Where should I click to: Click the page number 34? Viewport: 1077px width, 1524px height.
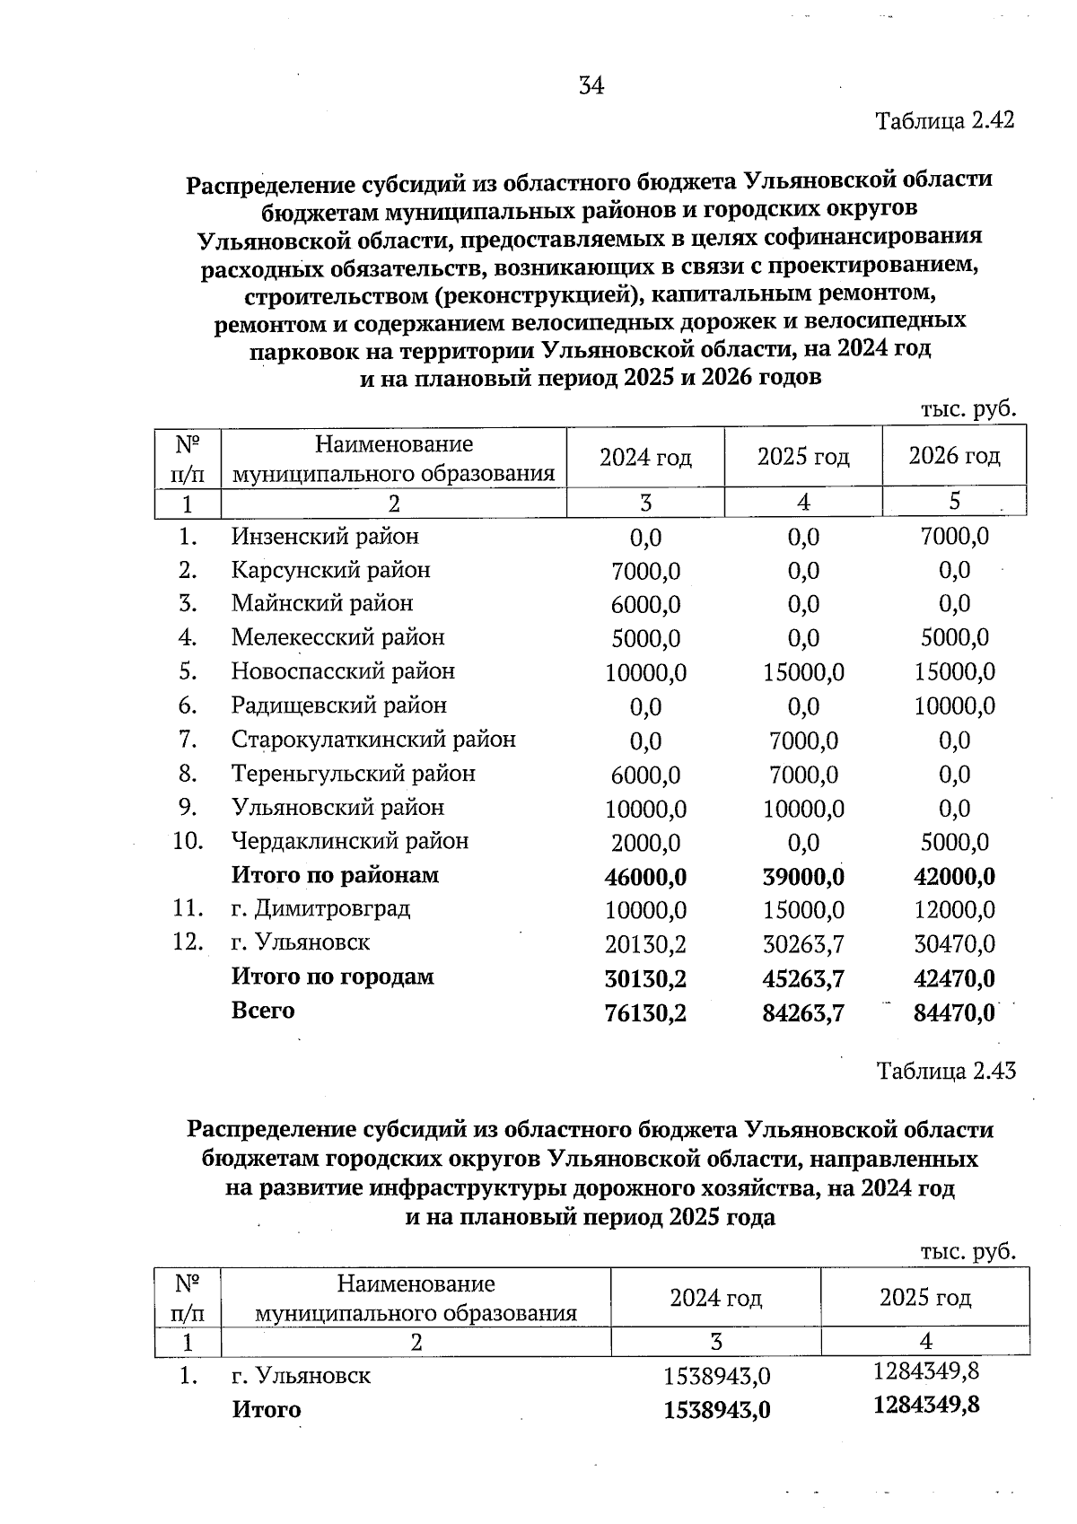[x=591, y=86]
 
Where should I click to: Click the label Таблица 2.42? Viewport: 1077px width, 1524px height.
[x=944, y=120]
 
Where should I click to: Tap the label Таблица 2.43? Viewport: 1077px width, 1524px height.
[x=945, y=1071]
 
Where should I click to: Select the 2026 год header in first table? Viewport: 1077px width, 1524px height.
[x=954, y=456]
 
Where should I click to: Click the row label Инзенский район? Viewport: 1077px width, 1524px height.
[x=325, y=537]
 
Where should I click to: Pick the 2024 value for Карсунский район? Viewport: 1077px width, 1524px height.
[x=645, y=572]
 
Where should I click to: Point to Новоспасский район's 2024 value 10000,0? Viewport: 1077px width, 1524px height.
[x=645, y=673]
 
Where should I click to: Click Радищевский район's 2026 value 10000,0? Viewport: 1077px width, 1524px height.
[x=954, y=706]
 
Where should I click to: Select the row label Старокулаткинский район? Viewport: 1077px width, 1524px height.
[x=373, y=740]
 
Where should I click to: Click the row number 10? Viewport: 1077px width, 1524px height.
[x=188, y=842]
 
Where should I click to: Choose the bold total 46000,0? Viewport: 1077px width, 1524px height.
[x=645, y=877]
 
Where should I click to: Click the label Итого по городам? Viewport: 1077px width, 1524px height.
[x=332, y=977]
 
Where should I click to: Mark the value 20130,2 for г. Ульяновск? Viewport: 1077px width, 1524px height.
[x=645, y=944]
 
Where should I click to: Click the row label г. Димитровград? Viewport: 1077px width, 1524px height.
[x=320, y=908]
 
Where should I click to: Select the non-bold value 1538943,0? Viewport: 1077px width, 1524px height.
[x=716, y=1376]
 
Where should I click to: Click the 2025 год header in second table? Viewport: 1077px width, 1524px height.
[x=925, y=1297]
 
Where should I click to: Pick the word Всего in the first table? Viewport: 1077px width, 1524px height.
[x=263, y=1011]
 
